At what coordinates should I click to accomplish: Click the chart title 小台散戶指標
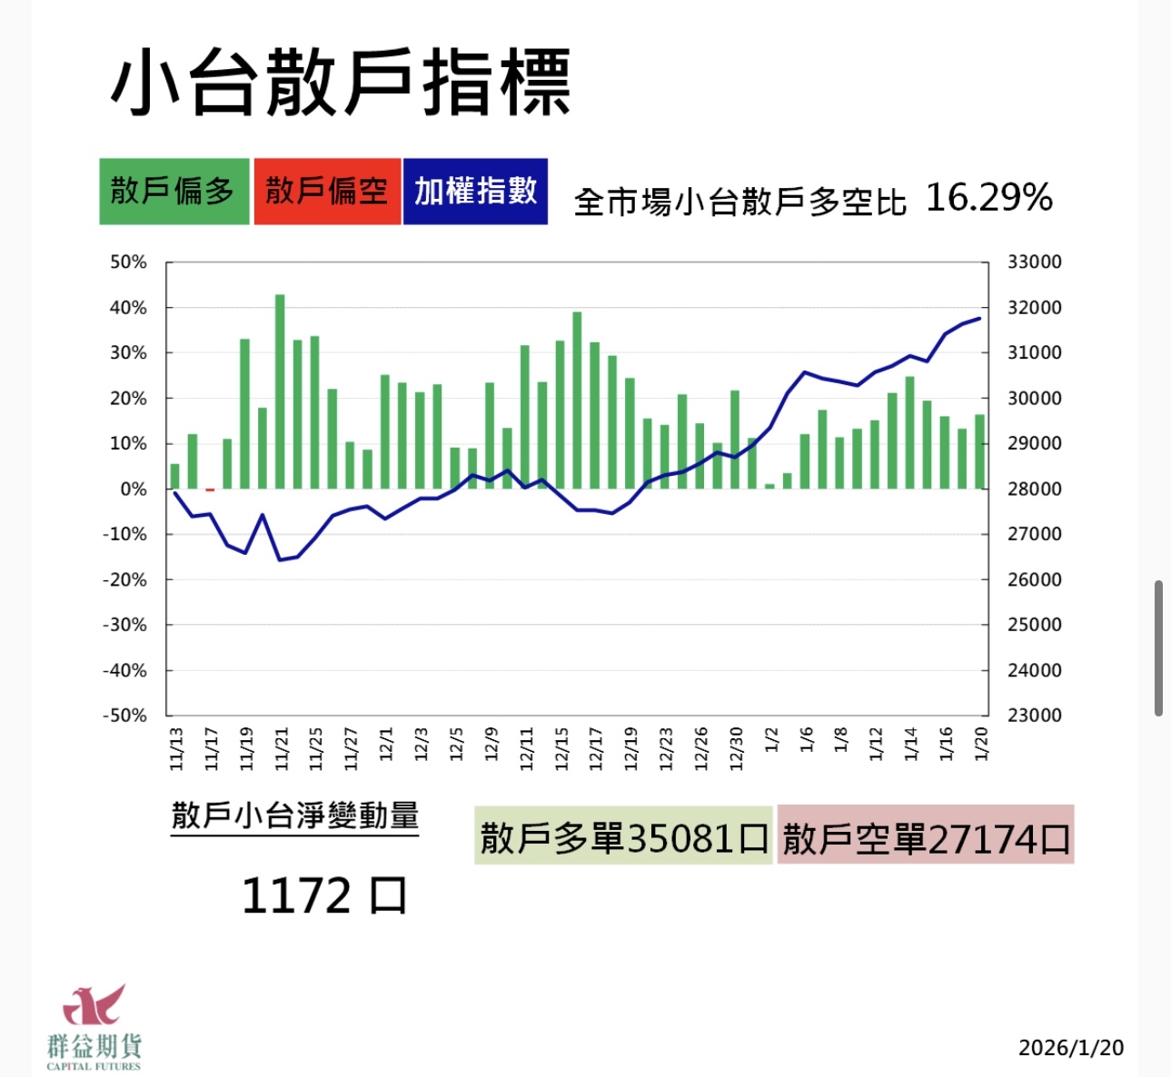[341, 84]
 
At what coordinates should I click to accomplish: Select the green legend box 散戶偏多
[174, 191]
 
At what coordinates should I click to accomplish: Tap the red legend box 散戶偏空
[327, 191]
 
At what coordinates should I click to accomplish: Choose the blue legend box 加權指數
[475, 191]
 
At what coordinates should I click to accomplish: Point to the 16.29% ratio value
[988, 197]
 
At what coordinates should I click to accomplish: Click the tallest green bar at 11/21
[280, 390]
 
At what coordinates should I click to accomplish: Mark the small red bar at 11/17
[210, 490]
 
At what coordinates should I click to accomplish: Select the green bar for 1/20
[979, 451]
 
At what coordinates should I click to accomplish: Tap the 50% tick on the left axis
[128, 262]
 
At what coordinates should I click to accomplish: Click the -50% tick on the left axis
[124, 716]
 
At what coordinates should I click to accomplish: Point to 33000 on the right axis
[1034, 262]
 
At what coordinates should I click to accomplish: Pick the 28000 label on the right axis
[1034, 489]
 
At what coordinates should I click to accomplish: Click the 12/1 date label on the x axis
[386, 744]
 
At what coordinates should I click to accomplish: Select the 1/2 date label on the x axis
[771, 740]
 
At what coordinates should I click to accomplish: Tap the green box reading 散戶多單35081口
[623, 835]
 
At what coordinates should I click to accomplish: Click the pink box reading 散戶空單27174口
[926, 835]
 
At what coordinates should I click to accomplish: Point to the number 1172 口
[323, 896]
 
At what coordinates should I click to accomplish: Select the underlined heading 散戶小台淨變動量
[294, 815]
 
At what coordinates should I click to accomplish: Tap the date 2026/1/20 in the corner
[1070, 1048]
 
